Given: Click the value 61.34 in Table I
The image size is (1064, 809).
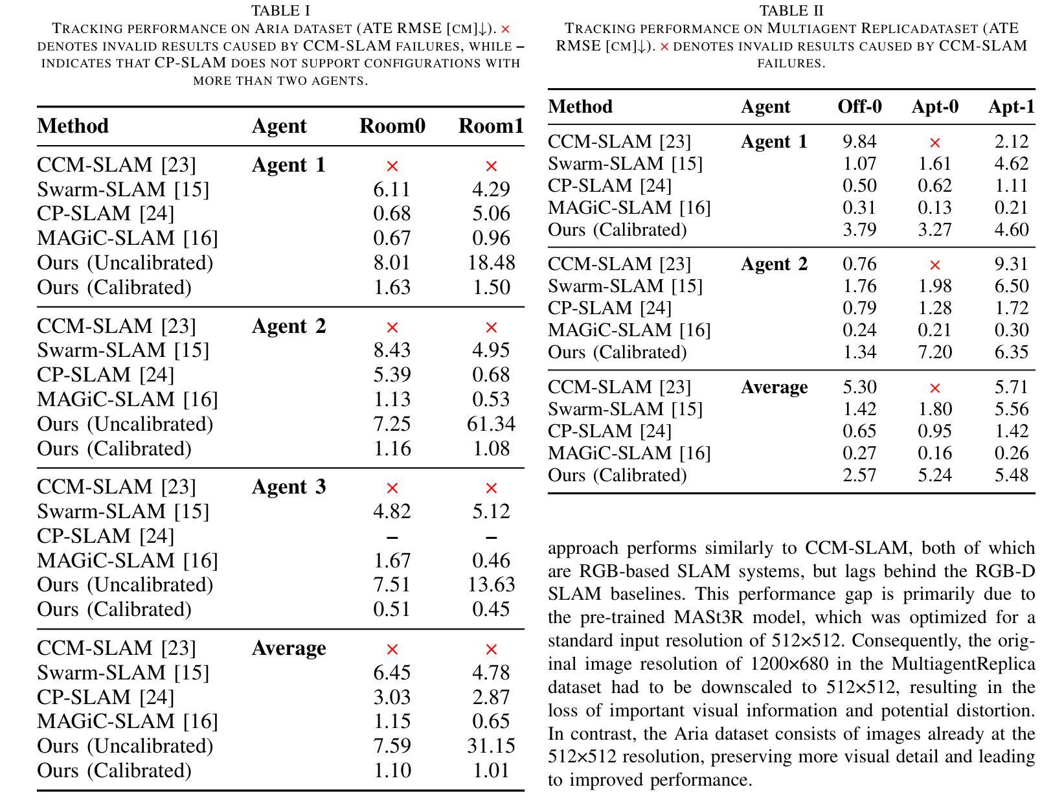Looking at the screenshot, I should (491, 424).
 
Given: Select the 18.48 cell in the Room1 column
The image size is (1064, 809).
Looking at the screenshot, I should (491, 263).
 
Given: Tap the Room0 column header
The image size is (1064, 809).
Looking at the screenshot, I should (392, 126).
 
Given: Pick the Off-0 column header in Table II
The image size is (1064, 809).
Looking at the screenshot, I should (859, 107).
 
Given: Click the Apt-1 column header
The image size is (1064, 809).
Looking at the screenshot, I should (1011, 107).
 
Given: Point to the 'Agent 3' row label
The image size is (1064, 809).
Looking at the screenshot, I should (288, 487).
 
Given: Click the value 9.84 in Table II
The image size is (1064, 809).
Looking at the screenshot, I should (859, 142).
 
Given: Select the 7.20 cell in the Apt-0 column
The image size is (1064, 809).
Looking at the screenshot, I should (934, 352).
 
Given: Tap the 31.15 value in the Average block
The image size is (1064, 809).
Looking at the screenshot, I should (491, 746).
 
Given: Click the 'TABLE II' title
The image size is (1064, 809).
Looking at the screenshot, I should (791, 11).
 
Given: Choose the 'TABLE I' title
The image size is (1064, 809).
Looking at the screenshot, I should (280, 11).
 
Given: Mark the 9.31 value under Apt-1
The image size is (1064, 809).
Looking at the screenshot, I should (1011, 264).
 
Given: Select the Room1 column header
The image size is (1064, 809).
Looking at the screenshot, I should (491, 126).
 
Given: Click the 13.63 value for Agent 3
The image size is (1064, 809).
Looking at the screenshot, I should (491, 585).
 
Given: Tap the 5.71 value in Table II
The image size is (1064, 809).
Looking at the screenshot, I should (1011, 387).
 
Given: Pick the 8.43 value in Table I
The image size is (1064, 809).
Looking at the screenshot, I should (392, 350).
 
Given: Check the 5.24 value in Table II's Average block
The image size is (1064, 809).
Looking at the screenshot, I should (934, 475).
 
